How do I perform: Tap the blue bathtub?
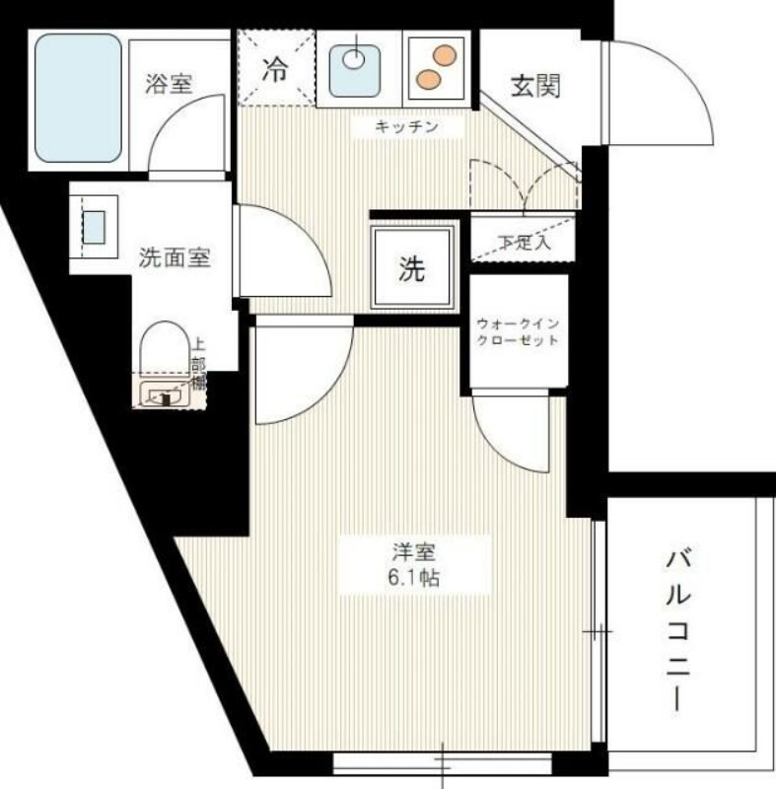point(79,99)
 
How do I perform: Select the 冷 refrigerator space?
point(275,69)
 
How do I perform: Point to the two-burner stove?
point(436,65)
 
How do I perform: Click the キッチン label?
point(405,126)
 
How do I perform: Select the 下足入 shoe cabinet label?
point(524,243)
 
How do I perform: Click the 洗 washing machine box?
point(413,268)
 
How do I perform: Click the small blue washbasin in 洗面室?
point(94,228)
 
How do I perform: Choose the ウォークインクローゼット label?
point(517,331)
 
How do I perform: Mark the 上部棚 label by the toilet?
point(198,364)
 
